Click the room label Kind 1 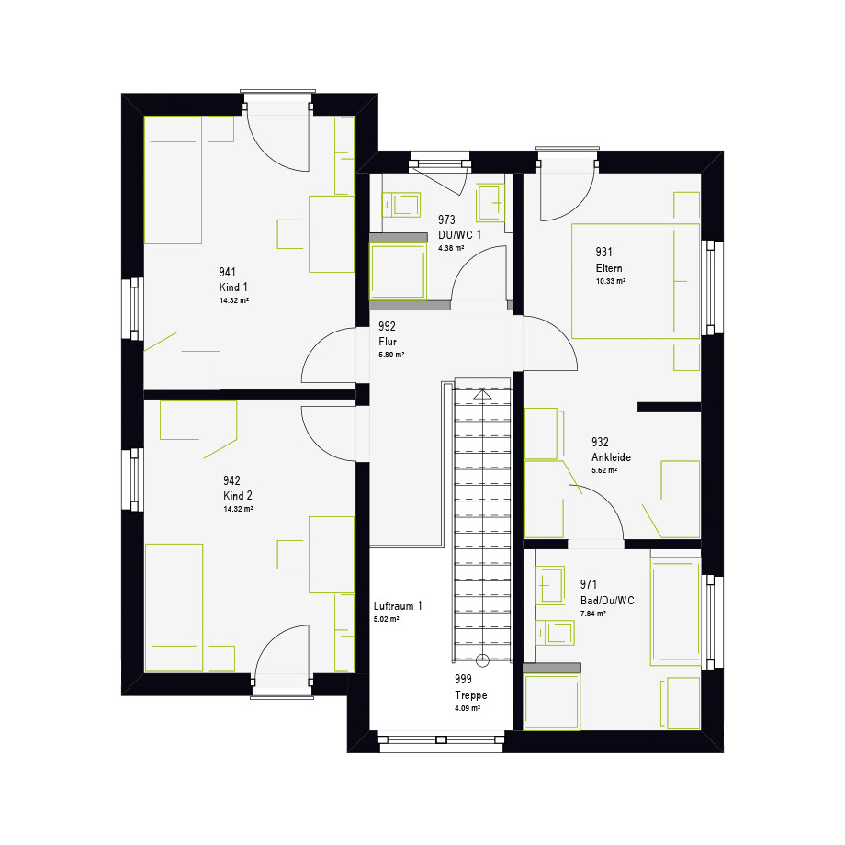[x=233, y=287]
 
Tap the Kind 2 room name [x=238, y=495]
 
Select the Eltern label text [x=609, y=268]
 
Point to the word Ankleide [x=611, y=457]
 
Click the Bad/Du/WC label [x=607, y=601]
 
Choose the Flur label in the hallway [x=388, y=341]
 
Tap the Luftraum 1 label [x=398, y=605]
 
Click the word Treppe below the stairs [x=471, y=695]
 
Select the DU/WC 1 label [x=459, y=234]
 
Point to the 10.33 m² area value [x=611, y=281]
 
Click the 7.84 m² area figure [x=592, y=614]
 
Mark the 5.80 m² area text [x=391, y=355]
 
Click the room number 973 [x=446, y=220]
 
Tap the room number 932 [x=600, y=442]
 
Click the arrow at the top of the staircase [x=482, y=395]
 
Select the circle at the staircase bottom [x=482, y=660]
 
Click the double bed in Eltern [x=636, y=281]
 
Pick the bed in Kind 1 [x=173, y=180]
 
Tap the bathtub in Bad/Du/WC [x=676, y=611]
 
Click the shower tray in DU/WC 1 [x=398, y=271]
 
